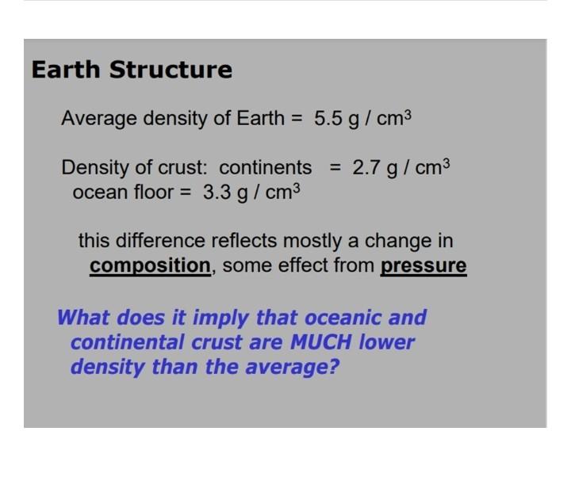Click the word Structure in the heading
tap(171, 70)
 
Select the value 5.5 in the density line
tap(328, 120)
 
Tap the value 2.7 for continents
tap(366, 168)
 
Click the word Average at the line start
tap(100, 120)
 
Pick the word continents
tap(266, 168)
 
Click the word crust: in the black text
tap(182, 168)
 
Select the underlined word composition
tap(150, 266)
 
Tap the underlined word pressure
tap(423, 266)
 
